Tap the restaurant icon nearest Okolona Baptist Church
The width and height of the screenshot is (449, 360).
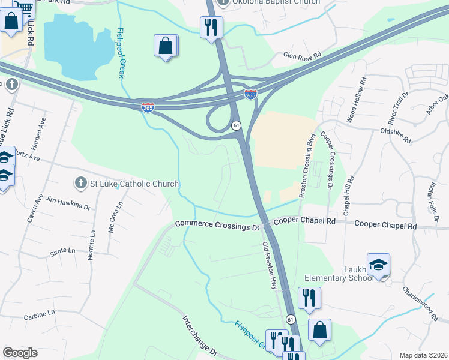(x=211, y=27)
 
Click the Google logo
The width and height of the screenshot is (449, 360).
(x=20, y=353)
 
